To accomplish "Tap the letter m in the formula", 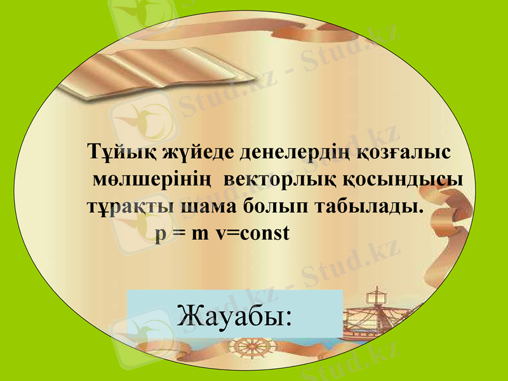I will point(201,234).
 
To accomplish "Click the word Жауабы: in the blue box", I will point(235,314).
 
